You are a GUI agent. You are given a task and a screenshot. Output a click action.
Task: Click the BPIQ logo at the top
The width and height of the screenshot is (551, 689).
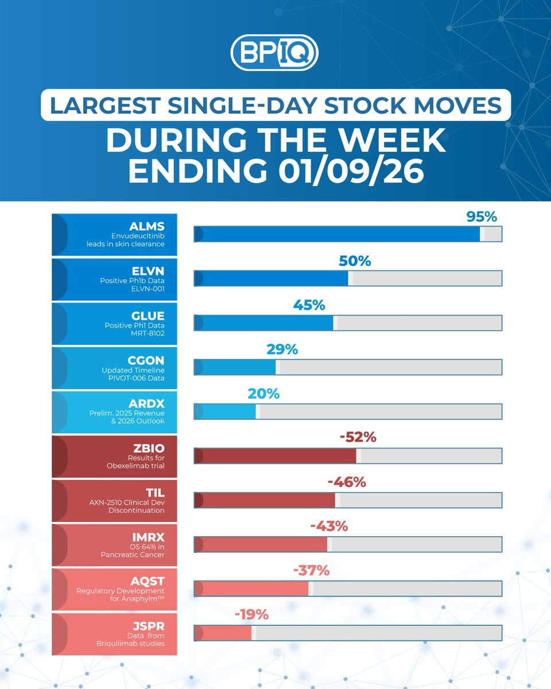(274, 53)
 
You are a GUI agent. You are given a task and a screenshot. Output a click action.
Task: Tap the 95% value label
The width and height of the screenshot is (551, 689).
(481, 217)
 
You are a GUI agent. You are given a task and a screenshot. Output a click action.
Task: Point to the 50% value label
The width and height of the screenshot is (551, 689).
(355, 261)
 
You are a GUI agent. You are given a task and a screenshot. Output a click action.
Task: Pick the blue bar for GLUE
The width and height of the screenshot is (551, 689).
(264, 323)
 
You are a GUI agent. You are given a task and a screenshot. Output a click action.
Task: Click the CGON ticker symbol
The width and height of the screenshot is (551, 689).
(148, 361)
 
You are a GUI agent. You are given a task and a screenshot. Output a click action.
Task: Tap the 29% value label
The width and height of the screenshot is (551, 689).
(282, 349)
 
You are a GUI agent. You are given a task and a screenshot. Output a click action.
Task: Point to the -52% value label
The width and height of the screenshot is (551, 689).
(358, 438)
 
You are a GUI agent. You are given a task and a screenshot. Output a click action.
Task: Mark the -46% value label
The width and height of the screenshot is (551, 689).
(347, 482)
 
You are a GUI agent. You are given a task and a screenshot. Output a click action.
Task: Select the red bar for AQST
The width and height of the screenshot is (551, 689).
(252, 589)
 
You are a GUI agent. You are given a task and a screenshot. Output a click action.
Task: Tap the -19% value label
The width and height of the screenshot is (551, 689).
(251, 615)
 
